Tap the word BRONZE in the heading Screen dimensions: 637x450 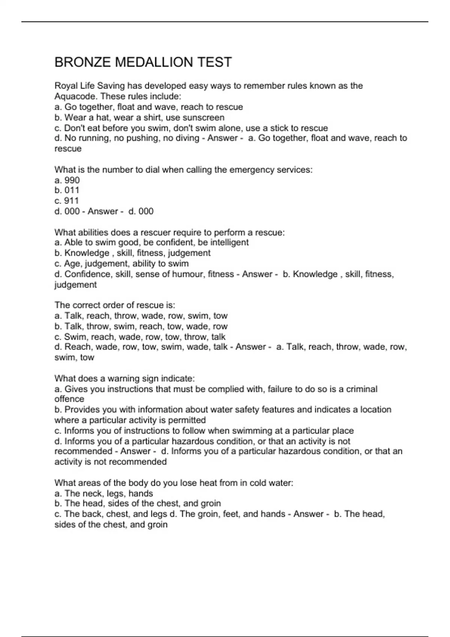(82, 62)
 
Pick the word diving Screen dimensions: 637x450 (186, 138)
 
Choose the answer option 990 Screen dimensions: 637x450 (72, 180)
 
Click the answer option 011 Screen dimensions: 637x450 (72, 190)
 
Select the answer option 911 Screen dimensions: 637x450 (72, 201)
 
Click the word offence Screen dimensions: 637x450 (69, 399)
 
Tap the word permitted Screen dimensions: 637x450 (187, 420)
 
